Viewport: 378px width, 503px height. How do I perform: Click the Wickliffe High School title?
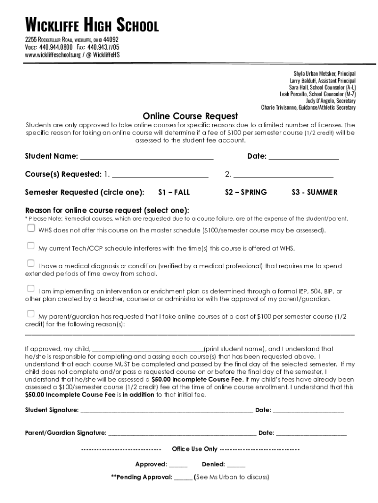pyautogui.click(x=92, y=26)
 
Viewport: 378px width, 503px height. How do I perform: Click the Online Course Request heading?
pyautogui.click(x=190, y=116)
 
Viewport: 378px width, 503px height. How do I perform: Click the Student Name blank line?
pyautogui.click(x=146, y=157)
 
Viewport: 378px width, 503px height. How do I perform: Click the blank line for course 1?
pyautogui.click(x=160, y=174)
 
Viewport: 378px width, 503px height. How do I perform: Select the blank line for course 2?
pyautogui.click(x=283, y=174)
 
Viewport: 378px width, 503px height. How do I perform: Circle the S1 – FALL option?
pyautogui.click(x=174, y=192)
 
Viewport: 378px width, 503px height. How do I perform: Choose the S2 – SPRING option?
pyautogui.click(x=245, y=192)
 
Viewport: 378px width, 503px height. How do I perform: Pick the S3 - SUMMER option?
pyautogui.click(x=314, y=192)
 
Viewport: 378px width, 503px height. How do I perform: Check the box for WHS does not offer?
pyautogui.click(x=31, y=228)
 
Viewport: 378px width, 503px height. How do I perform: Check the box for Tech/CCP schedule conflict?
pyautogui.click(x=31, y=246)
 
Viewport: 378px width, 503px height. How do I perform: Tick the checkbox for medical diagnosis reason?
pyautogui.click(x=31, y=264)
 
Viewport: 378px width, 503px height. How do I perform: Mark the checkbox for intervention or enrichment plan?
pyautogui.click(x=31, y=288)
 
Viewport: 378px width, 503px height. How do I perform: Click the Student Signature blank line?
pyautogui.click(x=166, y=410)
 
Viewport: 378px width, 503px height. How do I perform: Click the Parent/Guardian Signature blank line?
pyautogui.click(x=182, y=433)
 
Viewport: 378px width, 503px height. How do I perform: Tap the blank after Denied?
pyautogui.click(x=236, y=465)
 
